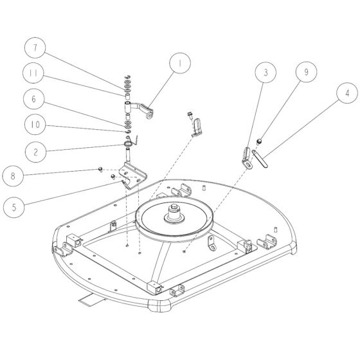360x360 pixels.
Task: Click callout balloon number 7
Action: point(36,49)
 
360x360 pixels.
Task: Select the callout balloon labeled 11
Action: point(36,74)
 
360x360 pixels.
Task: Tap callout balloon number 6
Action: point(36,99)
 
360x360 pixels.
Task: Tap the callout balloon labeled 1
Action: point(181,65)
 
